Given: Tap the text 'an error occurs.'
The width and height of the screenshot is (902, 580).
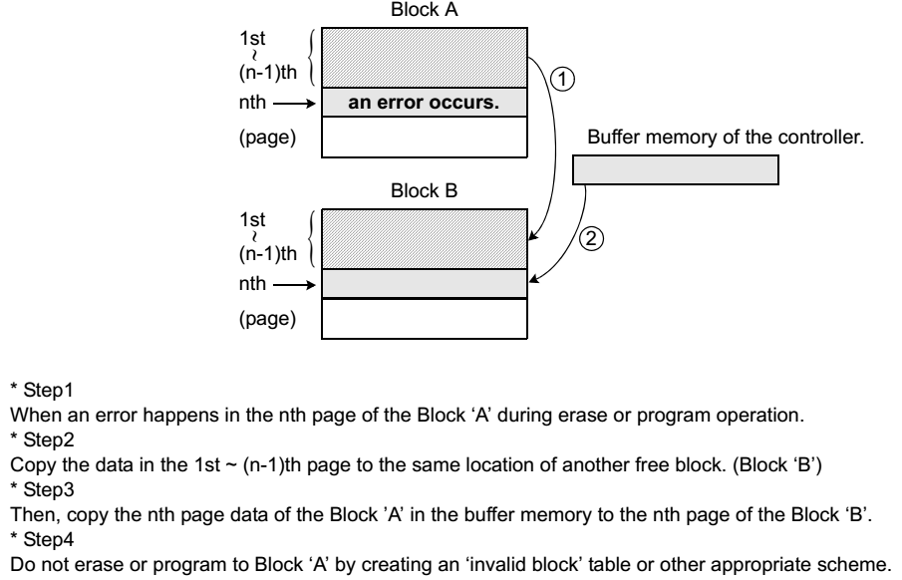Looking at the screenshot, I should tap(423, 103).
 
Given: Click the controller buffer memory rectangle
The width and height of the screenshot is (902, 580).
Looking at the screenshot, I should tap(675, 171).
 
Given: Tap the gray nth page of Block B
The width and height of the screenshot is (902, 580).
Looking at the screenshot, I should tap(423, 284).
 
